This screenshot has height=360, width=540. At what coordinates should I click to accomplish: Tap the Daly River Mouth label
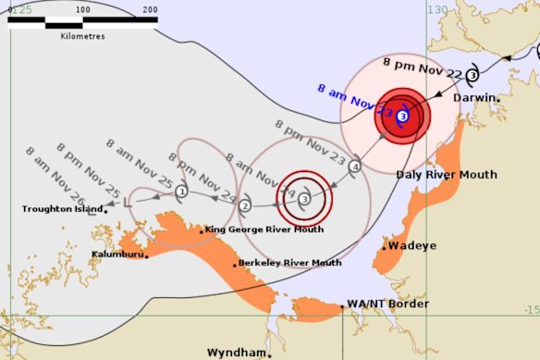447,174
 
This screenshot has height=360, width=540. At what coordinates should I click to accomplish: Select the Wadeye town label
411,246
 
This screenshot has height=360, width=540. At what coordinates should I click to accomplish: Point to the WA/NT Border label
387,304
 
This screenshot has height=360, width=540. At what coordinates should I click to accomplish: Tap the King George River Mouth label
264,230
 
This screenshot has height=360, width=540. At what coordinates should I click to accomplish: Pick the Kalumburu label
117,253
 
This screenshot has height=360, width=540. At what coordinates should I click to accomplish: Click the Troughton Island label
62,209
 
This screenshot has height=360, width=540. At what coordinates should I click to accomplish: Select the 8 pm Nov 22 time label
423,64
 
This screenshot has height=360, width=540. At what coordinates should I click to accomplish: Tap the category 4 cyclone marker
355,167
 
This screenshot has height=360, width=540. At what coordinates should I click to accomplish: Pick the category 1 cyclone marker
181,192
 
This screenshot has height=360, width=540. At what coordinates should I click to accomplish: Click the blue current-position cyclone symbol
402,116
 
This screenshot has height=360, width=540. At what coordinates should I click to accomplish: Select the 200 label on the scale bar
149,9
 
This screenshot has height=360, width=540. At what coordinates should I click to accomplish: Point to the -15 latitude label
531,310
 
